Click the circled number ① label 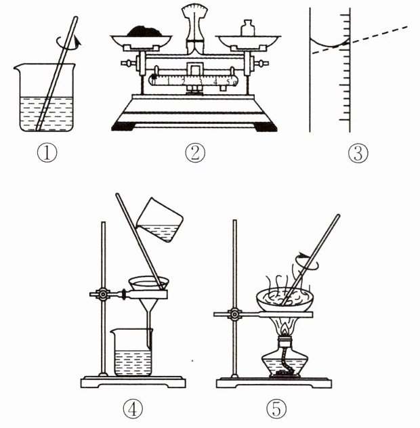(47, 153)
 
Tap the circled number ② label (195, 153)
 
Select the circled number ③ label (358, 154)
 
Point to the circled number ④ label (133, 408)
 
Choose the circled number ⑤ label (276, 408)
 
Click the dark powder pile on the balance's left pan (145, 31)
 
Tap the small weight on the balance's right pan (248, 28)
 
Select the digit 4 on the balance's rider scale (215, 81)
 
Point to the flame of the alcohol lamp (285, 329)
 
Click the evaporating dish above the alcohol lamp (285, 301)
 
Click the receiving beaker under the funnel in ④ (132, 352)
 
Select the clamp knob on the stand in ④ (103, 294)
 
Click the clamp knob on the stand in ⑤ (234, 314)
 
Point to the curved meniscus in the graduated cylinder (330, 43)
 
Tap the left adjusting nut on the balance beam (128, 64)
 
